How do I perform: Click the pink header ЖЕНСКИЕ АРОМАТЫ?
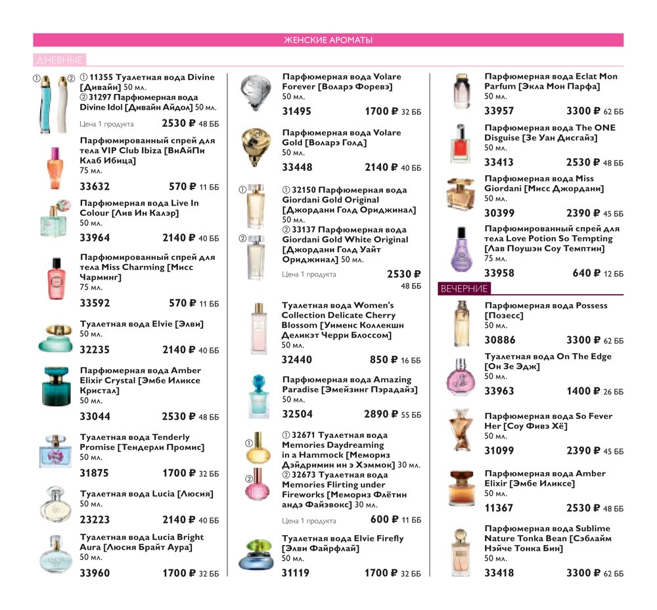click(328, 41)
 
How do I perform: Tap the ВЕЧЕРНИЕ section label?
click(464, 288)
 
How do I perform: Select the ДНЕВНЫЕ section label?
click(60, 60)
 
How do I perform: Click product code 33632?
click(95, 186)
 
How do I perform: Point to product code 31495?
click(297, 112)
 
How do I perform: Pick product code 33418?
click(499, 573)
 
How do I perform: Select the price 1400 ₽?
click(583, 391)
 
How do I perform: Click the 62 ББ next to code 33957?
click(613, 112)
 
